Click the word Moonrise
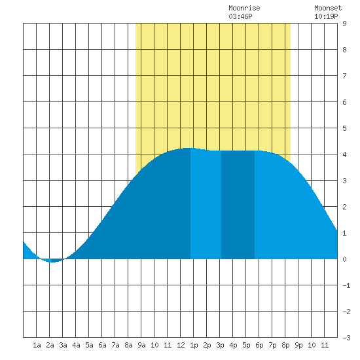click(244, 8)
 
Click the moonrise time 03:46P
click(240, 16)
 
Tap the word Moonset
click(328, 8)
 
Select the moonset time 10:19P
click(326, 16)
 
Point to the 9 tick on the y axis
click(344, 24)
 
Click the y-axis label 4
click(344, 154)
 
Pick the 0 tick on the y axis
click(344, 259)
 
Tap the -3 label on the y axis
click(346, 338)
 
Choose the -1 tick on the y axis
click(346, 285)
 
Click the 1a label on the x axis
click(37, 345)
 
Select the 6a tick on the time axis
click(102, 345)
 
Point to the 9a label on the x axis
click(141, 345)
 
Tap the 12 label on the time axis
click(181, 345)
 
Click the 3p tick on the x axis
click(220, 345)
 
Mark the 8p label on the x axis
click(285, 345)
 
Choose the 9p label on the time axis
click(298, 345)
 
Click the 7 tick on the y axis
click(344, 76)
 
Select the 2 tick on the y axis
click(344, 207)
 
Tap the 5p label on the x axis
click(246, 345)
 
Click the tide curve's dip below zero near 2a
click(52, 261)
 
